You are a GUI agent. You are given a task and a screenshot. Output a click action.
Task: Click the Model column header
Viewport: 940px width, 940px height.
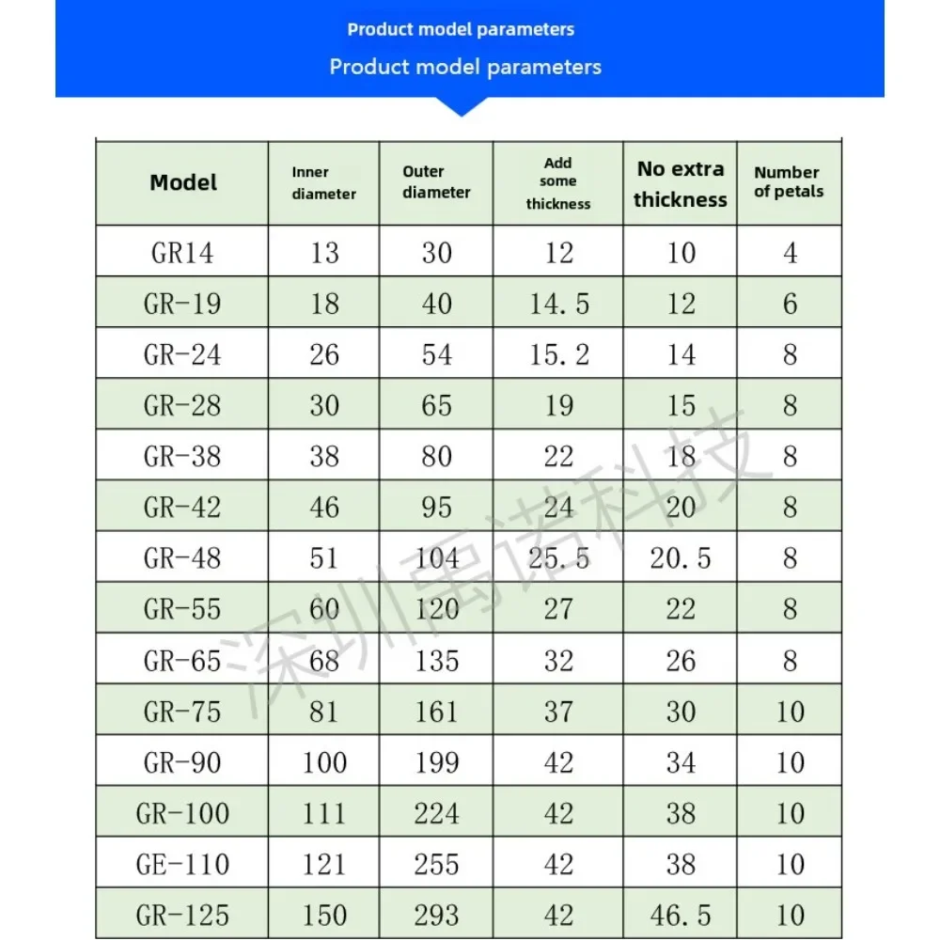click(x=183, y=182)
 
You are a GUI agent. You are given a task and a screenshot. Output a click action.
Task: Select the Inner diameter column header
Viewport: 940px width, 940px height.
click(x=323, y=183)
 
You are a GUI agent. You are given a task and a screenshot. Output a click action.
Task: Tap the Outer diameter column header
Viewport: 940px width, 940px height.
click(x=436, y=182)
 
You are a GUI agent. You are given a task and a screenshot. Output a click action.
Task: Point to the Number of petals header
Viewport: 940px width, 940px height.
click(x=788, y=182)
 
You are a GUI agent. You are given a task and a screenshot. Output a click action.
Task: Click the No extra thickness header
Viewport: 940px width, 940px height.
click(x=680, y=184)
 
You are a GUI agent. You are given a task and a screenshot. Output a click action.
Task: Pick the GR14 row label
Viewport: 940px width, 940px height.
click(x=182, y=253)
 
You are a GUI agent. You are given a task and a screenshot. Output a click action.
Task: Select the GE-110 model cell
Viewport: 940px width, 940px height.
click(x=182, y=864)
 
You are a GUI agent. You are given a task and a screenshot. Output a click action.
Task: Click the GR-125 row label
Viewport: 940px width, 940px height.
click(x=182, y=915)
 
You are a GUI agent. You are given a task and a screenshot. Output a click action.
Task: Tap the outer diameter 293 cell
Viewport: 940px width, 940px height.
click(x=436, y=915)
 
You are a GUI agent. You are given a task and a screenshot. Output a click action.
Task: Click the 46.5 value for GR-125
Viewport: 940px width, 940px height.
click(x=680, y=915)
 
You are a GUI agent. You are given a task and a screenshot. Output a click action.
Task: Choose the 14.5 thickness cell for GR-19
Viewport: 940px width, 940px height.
click(x=558, y=304)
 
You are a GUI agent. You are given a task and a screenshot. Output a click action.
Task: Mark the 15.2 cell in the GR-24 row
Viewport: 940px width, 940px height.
click(x=558, y=354)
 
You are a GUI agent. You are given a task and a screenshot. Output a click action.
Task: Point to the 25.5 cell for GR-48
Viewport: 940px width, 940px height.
click(x=558, y=558)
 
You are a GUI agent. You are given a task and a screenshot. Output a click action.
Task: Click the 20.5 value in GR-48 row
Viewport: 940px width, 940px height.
click(x=680, y=558)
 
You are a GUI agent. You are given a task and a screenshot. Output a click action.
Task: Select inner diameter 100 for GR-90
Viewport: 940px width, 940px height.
click(x=324, y=762)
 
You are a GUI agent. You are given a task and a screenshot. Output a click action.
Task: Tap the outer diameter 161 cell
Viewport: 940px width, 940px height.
click(x=436, y=712)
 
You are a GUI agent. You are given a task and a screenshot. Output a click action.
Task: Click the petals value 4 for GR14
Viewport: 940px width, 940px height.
click(x=790, y=253)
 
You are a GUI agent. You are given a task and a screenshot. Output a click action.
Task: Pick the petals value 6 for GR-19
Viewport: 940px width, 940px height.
click(x=790, y=304)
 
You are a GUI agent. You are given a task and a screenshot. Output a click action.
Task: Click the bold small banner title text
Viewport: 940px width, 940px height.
click(x=461, y=29)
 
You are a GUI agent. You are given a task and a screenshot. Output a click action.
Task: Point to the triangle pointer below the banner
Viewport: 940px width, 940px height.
click(x=461, y=106)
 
